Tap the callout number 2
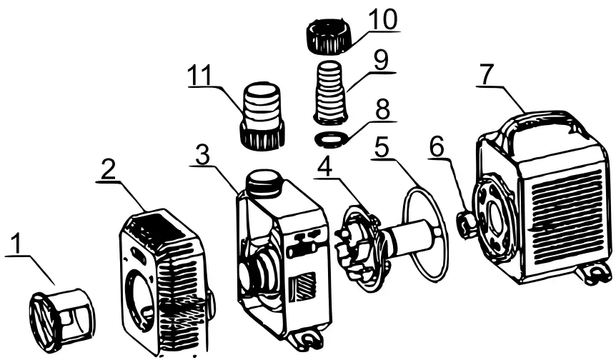[x=108, y=170]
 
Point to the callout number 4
[x=324, y=169]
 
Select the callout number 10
[x=383, y=20]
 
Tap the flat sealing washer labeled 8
[x=333, y=136]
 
